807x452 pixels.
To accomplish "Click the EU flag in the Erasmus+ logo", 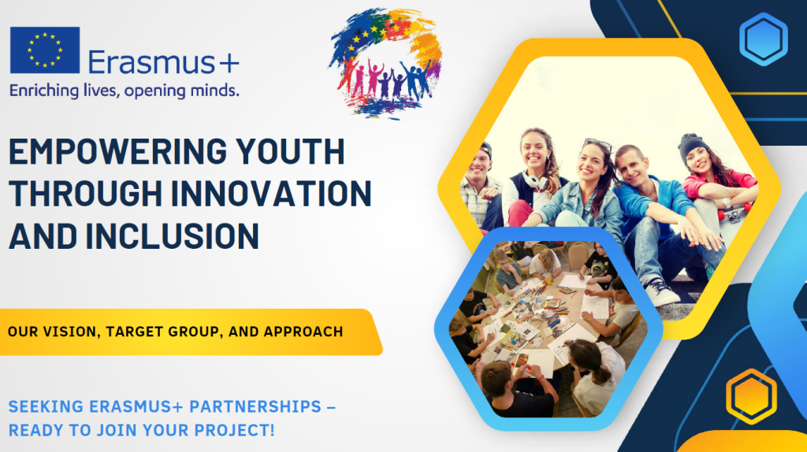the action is pos(45,50).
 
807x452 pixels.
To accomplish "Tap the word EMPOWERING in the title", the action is pos(118,152).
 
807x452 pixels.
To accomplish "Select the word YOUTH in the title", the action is pos(290,152).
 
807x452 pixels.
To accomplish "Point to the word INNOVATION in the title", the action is pos(271,194).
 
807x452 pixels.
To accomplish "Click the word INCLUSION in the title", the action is pos(172,236).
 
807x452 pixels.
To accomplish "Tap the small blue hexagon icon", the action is pos(763,39).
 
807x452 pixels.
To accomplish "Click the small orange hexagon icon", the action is pos(751,396).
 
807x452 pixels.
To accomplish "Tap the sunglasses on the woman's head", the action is pos(598,144).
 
